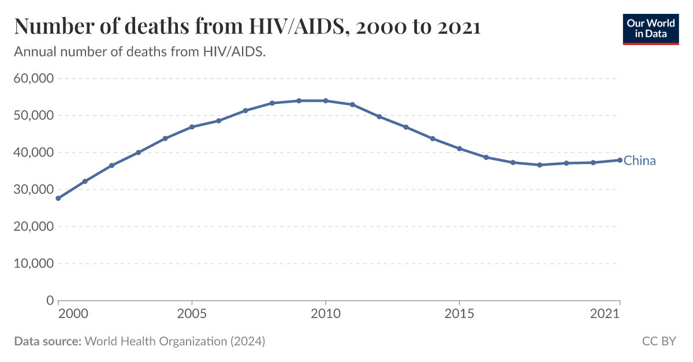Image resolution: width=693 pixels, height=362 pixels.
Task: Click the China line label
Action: [639, 161]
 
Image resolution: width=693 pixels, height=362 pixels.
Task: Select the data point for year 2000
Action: [58, 198]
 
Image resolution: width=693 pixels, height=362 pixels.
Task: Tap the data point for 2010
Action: [326, 100]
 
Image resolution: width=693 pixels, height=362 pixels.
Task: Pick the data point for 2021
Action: [620, 160]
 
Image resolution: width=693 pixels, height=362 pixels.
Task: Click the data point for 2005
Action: [192, 126]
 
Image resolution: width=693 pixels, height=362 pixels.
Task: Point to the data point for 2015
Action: [459, 148]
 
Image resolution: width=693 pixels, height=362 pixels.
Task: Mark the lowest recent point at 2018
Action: [539, 165]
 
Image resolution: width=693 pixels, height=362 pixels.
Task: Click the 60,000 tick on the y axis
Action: [33, 79]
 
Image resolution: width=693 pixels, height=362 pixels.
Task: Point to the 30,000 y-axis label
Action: [33, 189]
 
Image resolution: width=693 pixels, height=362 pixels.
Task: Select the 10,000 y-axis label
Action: [33, 263]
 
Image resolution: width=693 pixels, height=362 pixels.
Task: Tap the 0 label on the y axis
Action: [50, 300]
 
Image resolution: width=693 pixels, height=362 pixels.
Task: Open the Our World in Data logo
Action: [650, 28]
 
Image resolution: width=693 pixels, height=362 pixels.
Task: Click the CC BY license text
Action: [658, 341]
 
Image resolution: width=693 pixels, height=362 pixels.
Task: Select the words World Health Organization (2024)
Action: [175, 341]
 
